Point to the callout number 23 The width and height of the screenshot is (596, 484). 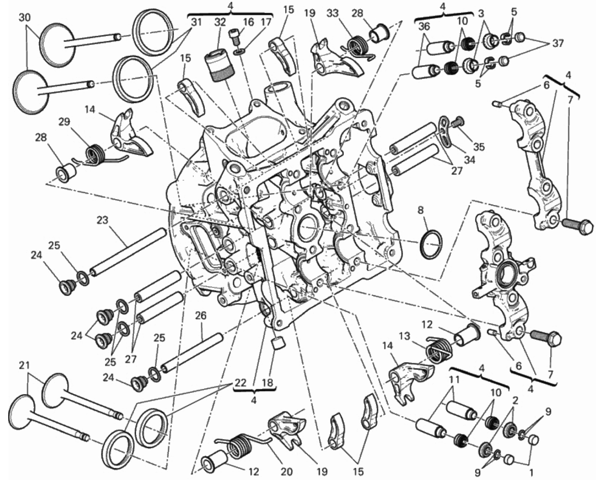click(102, 220)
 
